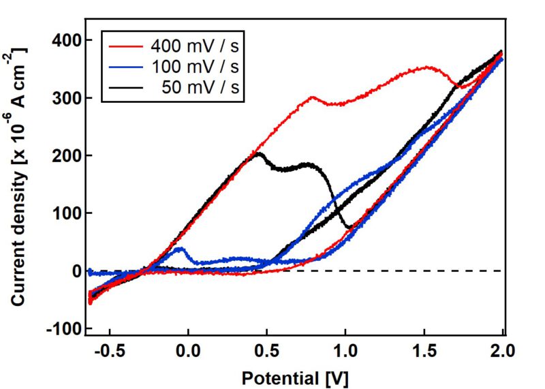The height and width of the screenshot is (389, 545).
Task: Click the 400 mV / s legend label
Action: click(x=195, y=46)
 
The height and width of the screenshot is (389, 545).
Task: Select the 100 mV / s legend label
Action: click(x=196, y=66)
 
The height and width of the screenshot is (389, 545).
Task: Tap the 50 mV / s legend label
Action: click(x=200, y=87)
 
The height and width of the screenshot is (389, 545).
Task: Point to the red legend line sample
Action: click(x=125, y=46)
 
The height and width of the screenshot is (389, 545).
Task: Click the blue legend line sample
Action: click(x=125, y=67)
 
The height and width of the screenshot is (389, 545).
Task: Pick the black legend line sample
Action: click(x=125, y=87)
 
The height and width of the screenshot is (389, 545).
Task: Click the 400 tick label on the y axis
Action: click(x=66, y=40)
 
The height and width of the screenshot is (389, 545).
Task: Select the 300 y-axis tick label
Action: click(x=66, y=98)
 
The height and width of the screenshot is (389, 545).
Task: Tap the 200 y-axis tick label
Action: click(x=66, y=155)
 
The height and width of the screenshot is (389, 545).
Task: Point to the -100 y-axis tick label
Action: click(x=63, y=328)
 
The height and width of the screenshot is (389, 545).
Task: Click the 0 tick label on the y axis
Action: click(x=76, y=271)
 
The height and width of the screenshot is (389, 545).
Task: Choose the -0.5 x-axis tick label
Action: click(x=110, y=351)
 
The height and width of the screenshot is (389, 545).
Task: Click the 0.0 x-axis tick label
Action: click(x=189, y=351)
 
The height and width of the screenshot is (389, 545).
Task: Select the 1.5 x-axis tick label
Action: click(x=424, y=351)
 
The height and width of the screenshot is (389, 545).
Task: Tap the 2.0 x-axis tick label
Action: click(x=502, y=351)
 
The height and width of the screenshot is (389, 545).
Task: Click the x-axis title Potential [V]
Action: click(x=294, y=379)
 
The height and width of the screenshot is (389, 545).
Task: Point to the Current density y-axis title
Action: click(x=18, y=176)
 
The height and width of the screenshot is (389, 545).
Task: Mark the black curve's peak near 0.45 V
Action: click(x=259, y=153)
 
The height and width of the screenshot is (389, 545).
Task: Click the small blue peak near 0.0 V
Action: click(x=180, y=249)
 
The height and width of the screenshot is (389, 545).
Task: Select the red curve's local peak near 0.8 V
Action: click(x=313, y=97)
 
